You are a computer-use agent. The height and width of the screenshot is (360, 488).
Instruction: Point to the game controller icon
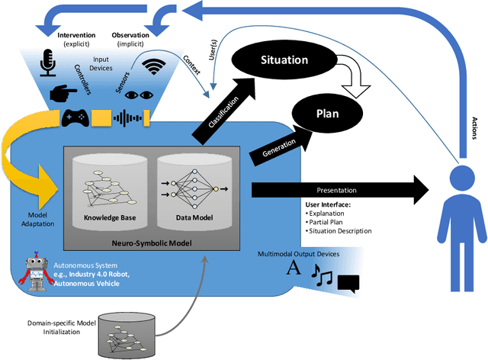point(74,117)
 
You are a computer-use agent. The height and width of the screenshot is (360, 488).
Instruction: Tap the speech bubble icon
point(347,283)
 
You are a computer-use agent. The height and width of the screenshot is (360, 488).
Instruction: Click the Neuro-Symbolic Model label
point(151,243)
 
